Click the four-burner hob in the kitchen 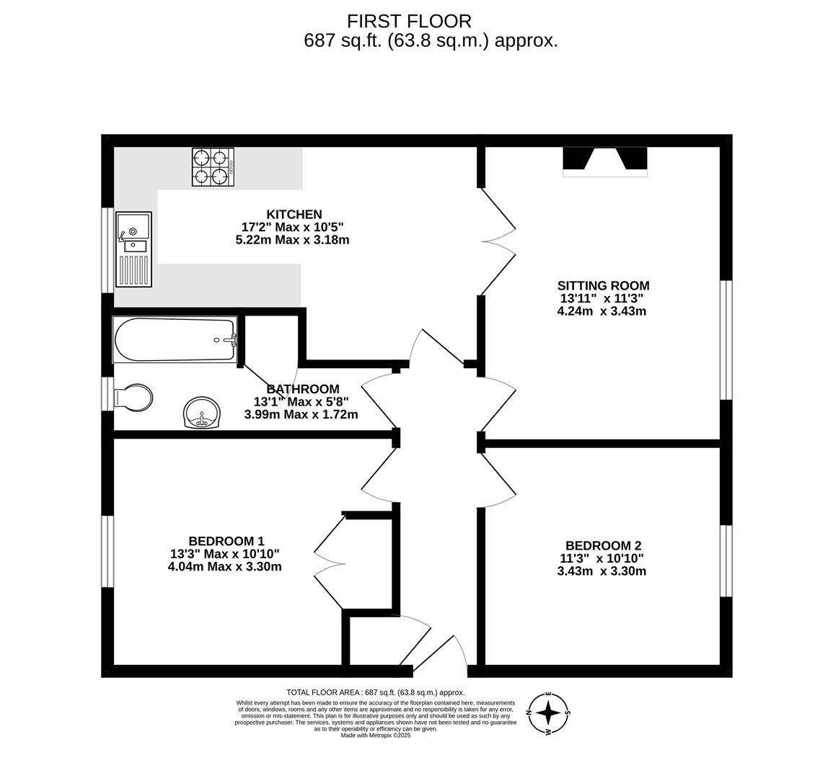pyautogui.click(x=213, y=167)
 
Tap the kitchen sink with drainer pyautogui.click(x=134, y=249)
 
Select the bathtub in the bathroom pyautogui.click(x=175, y=340)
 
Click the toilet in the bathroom pyautogui.click(x=133, y=398)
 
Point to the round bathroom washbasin pyautogui.click(x=201, y=412)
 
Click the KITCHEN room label pyautogui.click(x=294, y=215)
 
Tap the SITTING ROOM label pyautogui.click(x=603, y=285)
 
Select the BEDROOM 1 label pyautogui.click(x=226, y=541)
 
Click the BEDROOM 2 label pyautogui.click(x=603, y=545)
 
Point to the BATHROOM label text pyautogui.click(x=303, y=389)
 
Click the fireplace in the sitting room pyautogui.click(x=605, y=161)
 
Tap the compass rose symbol pyautogui.click(x=548, y=713)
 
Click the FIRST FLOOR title pyautogui.click(x=409, y=21)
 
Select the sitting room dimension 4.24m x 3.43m pyautogui.click(x=601, y=311)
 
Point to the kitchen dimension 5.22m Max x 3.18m pyautogui.click(x=292, y=240)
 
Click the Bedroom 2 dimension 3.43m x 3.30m pyautogui.click(x=601, y=571)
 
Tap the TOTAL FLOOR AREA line pyautogui.click(x=376, y=692)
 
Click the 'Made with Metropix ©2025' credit pyautogui.click(x=376, y=735)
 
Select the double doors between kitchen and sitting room pyautogui.click(x=498, y=241)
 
